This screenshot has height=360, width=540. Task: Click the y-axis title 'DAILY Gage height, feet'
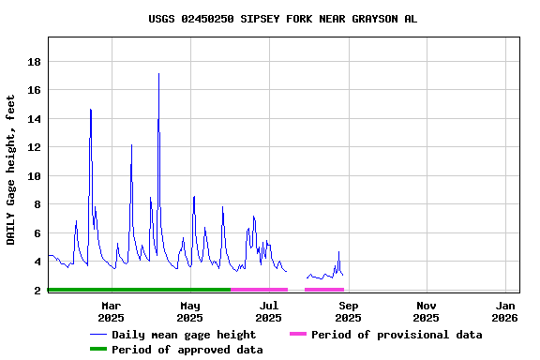[11, 170]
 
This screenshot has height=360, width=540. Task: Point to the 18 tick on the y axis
[33, 62]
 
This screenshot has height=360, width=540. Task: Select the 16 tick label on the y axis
[33, 90]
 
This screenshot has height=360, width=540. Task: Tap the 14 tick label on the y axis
[33, 119]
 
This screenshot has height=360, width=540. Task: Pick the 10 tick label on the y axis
[33, 176]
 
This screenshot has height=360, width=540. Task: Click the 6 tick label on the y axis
[37, 233]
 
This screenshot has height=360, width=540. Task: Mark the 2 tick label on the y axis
[37, 291]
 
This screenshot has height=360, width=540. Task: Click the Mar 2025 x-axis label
[111, 311]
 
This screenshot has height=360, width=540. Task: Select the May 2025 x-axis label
[189, 311]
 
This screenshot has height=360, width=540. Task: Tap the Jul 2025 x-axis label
[268, 311]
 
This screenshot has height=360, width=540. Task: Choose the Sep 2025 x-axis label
[348, 311]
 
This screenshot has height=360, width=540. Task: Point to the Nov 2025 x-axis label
[427, 311]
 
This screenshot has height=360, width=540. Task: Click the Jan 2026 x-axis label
[505, 311]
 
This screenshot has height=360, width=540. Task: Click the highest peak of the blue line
[158, 74]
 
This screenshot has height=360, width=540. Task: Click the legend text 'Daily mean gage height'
[184, 335]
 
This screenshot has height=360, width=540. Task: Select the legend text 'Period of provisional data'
[397, 335]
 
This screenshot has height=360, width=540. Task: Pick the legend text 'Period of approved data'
[187, 350]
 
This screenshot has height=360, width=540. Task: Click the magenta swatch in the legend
[298, 335]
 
